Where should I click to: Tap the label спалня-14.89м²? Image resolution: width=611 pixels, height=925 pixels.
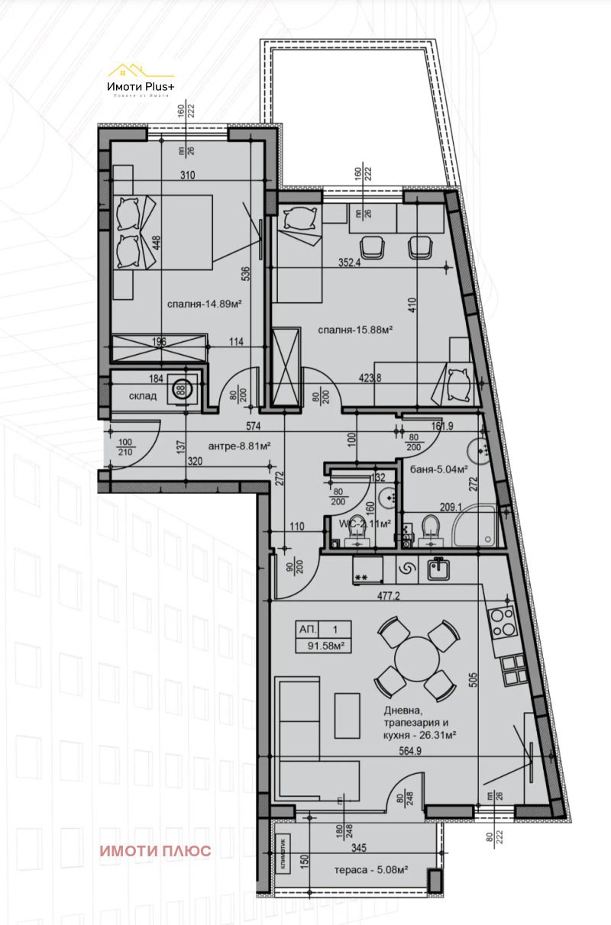pyautogui.click(x=205, y=304)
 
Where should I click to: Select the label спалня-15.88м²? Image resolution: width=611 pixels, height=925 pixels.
pyautogui.click(x=356, y=330)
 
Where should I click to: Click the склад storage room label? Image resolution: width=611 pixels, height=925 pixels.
pyautogui.click(x=143, y=396)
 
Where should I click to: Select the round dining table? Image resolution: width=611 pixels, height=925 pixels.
pyautogui.click(x=415, y=659)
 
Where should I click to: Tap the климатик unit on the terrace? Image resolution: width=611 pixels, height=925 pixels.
pyautogui.click(x=283, y=853)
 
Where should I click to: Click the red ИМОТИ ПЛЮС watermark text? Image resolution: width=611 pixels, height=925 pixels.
pyautogui.click(x=155, y=851)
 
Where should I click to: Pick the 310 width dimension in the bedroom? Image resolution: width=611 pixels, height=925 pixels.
pyautogui.click(x=188, y=176)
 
